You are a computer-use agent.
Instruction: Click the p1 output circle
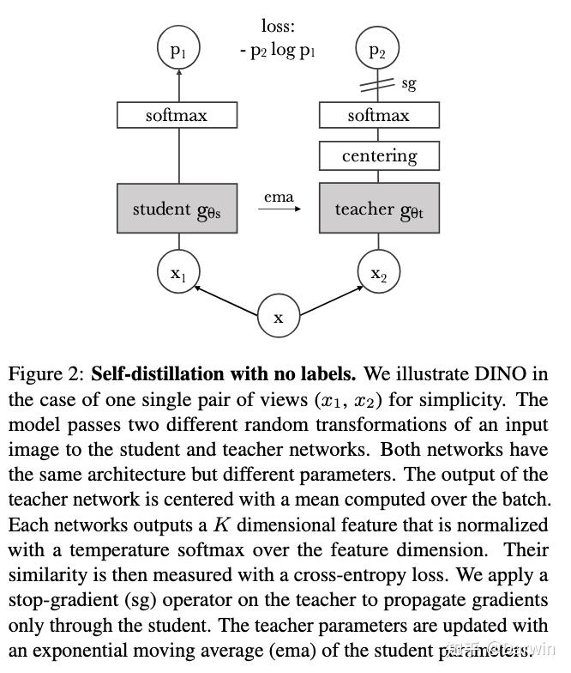178,51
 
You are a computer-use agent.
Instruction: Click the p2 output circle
378,51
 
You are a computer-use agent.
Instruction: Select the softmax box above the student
177,115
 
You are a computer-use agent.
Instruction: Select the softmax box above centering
379,115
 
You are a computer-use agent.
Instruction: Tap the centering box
379,155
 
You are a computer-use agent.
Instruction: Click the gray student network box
177,209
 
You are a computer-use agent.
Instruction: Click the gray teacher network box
379,209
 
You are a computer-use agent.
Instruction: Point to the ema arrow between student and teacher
278,209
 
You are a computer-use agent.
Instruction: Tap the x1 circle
178,273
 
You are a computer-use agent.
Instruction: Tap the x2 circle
378,273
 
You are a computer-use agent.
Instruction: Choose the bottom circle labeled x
279,317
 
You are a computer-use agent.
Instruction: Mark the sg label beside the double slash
409,83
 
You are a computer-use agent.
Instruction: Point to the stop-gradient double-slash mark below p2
378,84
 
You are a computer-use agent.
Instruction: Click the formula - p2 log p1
278,51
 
